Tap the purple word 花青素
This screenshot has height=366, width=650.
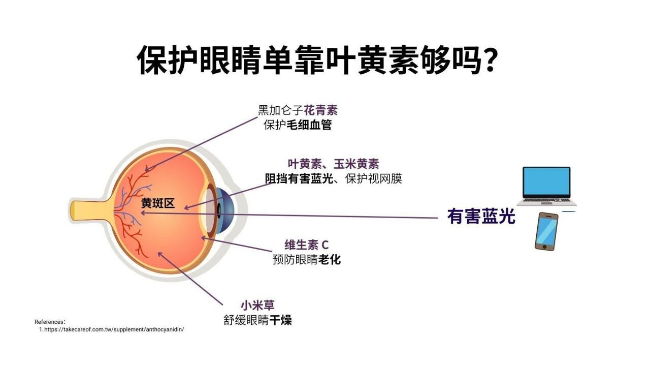tap(320, 110)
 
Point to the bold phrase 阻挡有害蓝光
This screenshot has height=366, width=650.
tap(299, 178)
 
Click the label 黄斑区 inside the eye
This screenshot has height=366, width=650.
tap(158, 203)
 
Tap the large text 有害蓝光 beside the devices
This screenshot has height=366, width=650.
tap(481, 217)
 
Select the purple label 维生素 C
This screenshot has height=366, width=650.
tap(306, 245)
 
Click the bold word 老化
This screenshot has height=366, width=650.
tap(330, 260)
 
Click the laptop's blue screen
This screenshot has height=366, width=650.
tap(546, 182)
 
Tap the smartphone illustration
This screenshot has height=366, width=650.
tap(546, 231)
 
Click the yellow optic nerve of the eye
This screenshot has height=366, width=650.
tap(89, 210)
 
